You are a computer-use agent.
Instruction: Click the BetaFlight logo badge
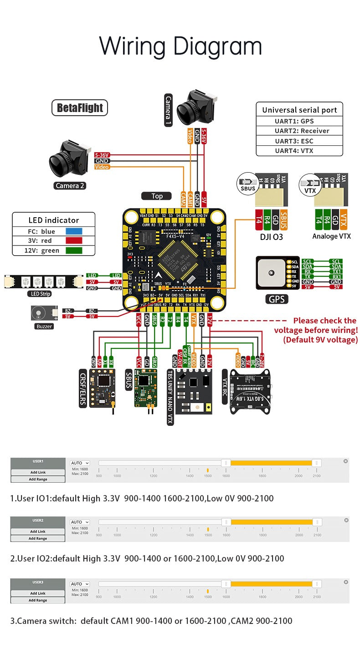point(80,108)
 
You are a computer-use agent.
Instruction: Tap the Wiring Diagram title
point(180,46)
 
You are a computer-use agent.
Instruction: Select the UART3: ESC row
point(300,141)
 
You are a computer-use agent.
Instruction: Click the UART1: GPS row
point(300,121)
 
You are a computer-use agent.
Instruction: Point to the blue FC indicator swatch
point(74,231)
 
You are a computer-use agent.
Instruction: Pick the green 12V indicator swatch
point(74,250)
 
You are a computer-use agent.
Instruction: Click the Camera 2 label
point(70,185)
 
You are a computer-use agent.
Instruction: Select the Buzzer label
point(44,326)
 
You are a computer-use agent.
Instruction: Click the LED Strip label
point(39,294)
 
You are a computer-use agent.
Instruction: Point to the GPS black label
point(277,299)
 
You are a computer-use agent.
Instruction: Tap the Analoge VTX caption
point(331,236)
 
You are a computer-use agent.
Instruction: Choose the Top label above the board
point(157,196)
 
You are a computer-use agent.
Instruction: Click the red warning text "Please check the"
point(324,321)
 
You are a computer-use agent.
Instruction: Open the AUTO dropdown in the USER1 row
point(80,463)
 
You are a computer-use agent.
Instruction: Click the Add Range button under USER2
point(38,538)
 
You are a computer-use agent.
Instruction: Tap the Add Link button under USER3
point(38,593)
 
